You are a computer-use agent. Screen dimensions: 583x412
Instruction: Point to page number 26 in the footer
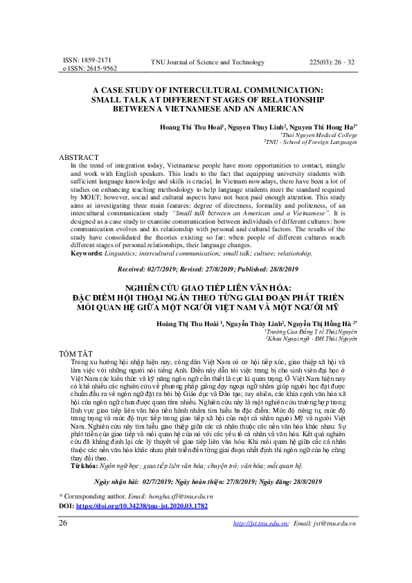pos(63,542)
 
